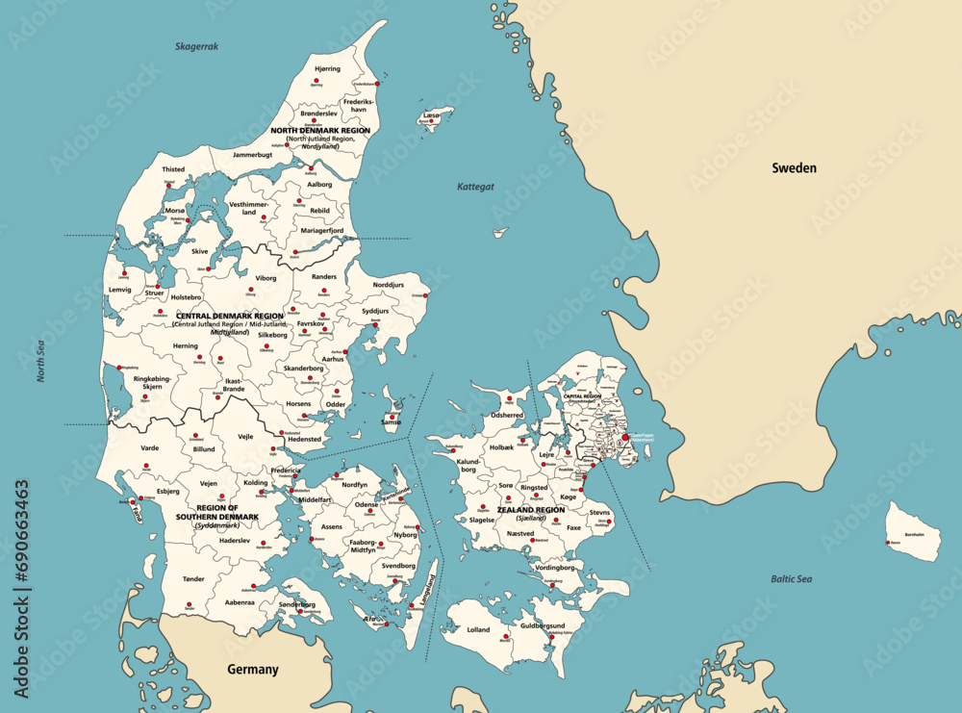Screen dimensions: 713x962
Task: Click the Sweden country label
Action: point(794,168)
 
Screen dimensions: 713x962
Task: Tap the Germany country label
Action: point(252,670)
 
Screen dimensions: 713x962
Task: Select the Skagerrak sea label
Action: point(197,46)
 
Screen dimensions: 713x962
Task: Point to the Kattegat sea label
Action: point(475,187)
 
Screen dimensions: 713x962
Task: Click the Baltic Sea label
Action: point(791,579)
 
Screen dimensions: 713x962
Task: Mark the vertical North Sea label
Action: point(41,361)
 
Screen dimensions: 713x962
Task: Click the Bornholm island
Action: point(913,531)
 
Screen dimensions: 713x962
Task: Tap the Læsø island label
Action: point(431,115)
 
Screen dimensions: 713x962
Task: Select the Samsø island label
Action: point(392,422)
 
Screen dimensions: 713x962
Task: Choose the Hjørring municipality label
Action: point(327,69)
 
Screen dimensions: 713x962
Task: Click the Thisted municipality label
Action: point(173,169)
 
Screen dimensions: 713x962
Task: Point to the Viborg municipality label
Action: point(266,278)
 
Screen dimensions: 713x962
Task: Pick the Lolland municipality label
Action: point(477,630)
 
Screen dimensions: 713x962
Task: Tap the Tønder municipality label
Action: point(194,579)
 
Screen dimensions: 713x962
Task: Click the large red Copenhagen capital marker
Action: point(625,437)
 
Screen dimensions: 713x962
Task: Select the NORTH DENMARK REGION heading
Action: point(319,130)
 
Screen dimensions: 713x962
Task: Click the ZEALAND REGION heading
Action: point(531,510)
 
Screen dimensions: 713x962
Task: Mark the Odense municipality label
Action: point(367,504)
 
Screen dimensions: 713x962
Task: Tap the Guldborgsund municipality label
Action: point(543,625)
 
